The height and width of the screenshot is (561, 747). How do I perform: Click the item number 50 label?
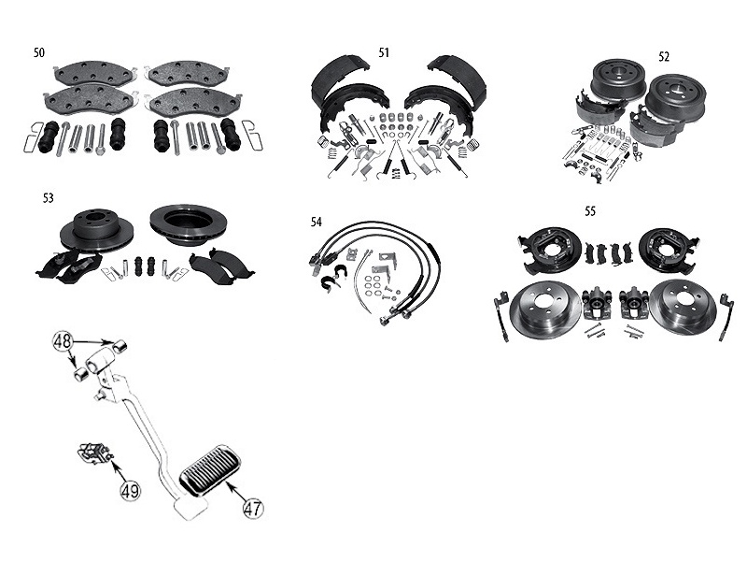[x=38, y=52]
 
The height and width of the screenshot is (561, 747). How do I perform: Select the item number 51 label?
[x=384, y=52]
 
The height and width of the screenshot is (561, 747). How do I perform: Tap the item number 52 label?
[x=664, y=56]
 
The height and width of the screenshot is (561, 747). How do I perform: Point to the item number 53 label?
[x=48, y=198]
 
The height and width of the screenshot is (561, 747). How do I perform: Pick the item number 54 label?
[x=317, y=222]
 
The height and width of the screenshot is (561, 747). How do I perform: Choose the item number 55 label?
[x=590, y=211]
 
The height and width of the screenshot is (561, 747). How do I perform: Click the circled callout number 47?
[x=252, y=509]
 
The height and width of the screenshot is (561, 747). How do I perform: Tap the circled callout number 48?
[x=63, y=342]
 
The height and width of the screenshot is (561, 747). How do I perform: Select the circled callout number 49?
[x=130, y=489]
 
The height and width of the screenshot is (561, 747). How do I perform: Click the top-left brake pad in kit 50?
[x=95, y=72]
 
